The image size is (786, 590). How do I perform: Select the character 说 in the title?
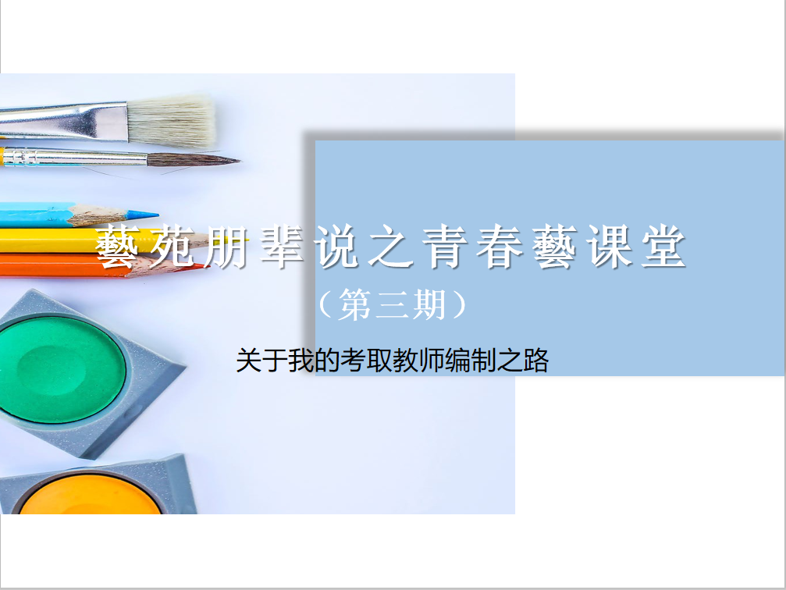click(336, 246)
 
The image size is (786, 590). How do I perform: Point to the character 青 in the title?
click(446, 246)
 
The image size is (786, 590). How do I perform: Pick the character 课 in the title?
click(610, 246)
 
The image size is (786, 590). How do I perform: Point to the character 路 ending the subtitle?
click(536, 361)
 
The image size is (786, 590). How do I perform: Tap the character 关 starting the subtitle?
click(249, 361)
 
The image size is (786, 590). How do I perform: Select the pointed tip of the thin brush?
click(239, 161)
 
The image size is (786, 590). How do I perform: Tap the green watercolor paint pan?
click(61, 369)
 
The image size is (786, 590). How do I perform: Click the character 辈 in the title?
click(281, 246)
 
